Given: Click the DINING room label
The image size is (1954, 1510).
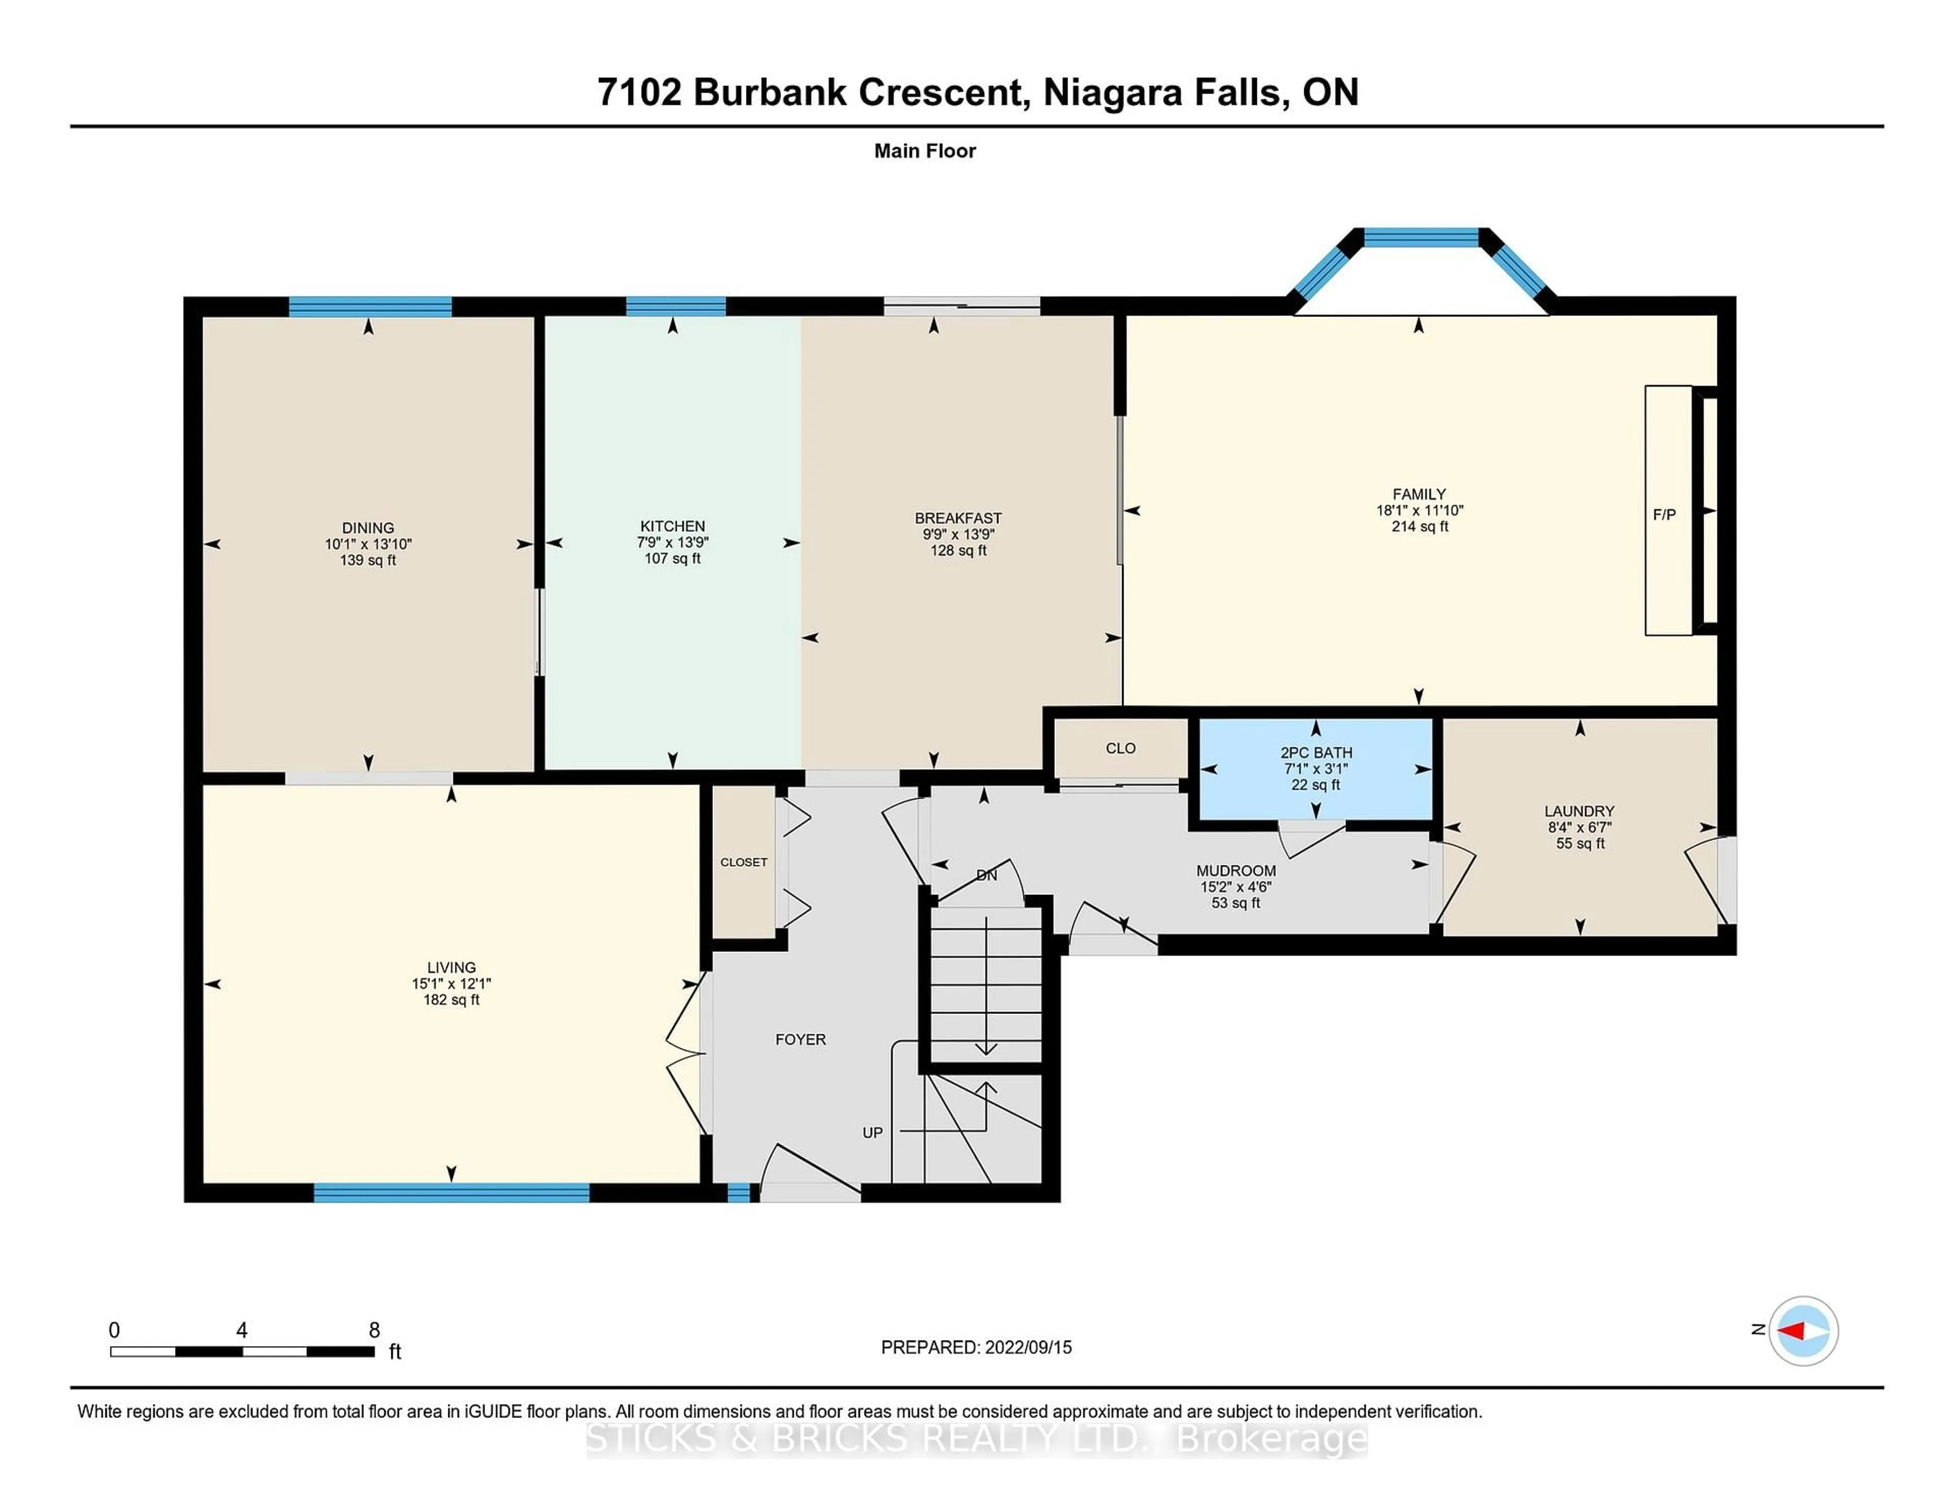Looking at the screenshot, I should pos(368,528).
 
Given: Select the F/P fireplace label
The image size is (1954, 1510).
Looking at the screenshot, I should pos(1664,514).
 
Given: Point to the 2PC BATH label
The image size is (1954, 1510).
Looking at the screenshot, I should pos(1315,752).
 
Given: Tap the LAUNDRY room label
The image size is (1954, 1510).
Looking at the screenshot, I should pos(1579,810).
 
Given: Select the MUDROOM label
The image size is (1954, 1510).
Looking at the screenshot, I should pos(1235,870).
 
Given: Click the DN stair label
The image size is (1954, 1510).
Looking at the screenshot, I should pos(986,875).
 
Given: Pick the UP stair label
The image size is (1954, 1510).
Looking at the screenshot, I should pos(872,1132).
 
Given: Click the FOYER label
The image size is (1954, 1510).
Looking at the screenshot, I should pos(800,1039).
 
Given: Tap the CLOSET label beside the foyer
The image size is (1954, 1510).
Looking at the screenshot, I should pos(743,862).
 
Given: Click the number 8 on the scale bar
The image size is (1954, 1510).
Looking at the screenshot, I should pos(374,1330).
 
